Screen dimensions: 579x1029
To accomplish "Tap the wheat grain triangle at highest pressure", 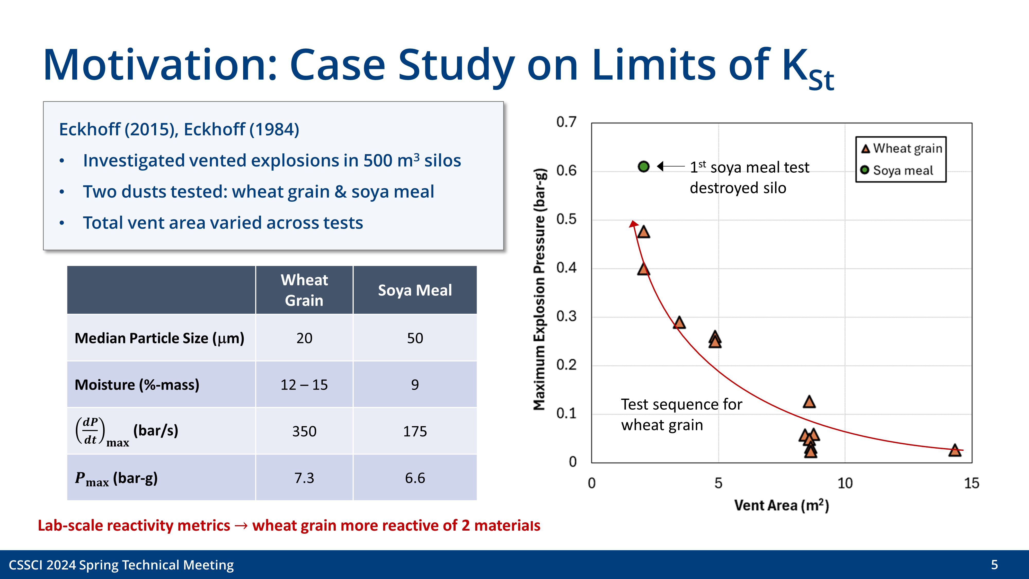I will coord(644,232).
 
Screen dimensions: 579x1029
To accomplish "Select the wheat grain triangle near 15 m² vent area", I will coord(955,450).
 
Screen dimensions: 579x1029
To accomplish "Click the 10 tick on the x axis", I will coord(845,483).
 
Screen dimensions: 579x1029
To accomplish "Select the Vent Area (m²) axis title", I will coord(781,505).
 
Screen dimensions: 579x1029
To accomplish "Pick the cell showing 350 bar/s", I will coord(304,431).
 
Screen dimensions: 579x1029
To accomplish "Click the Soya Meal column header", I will coord(415,290).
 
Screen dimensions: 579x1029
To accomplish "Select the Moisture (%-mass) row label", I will coord(137,385).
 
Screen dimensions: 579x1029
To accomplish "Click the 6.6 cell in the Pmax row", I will coord(415,478).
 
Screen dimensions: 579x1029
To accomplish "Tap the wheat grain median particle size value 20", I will coord(304,338).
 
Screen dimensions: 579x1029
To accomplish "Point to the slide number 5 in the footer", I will coord(994,565).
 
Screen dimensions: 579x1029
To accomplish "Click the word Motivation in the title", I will coord(160,65).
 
